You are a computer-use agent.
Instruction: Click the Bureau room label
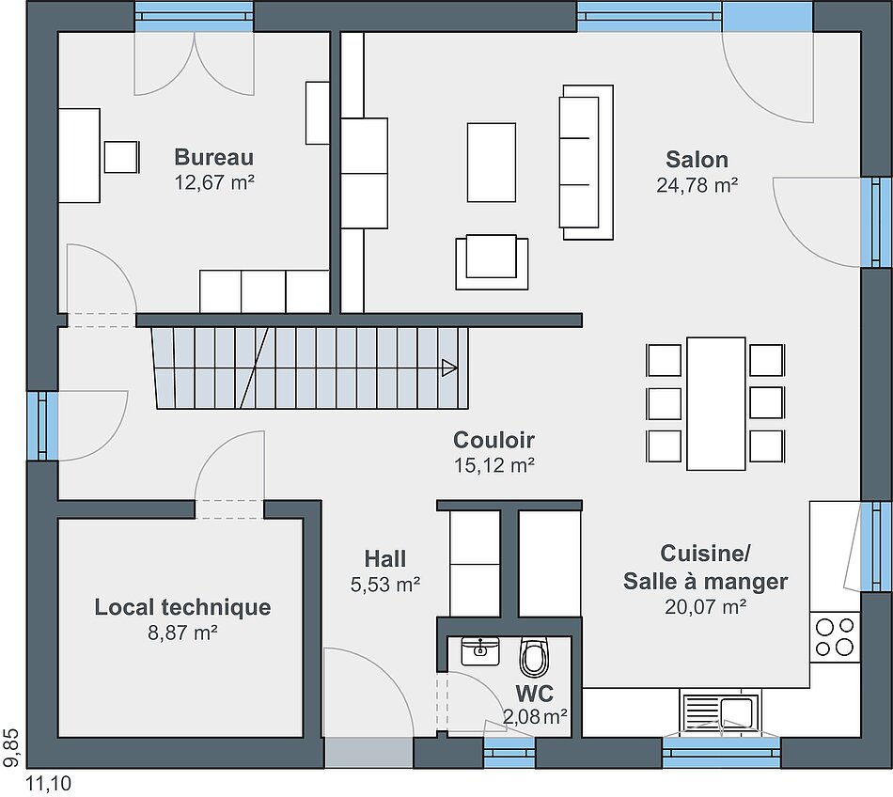tap(213, 157)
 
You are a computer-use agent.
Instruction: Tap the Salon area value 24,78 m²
tap(697, 185)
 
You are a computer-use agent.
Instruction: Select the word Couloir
tap(493, 440)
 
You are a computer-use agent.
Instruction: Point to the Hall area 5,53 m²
tap(385, 584)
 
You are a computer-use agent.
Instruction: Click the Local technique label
tap(182, 607)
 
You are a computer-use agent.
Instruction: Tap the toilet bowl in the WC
tap(534, 657)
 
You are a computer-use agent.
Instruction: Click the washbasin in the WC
tap(480, 651)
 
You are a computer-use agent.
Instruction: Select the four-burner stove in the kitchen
tap(835, 637)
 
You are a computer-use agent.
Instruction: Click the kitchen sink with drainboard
tap(720, 712)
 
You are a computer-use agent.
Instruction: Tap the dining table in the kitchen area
tap(716, 403)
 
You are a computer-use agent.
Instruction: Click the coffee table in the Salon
tap(492, 163)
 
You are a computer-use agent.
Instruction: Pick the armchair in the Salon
tap(492, 261)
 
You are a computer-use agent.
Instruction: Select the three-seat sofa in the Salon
tap(587, 163)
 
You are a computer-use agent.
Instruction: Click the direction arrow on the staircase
tap(449, 367)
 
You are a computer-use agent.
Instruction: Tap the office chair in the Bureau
tap(121, 157)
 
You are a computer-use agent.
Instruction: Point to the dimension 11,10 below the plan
tap(49, 785)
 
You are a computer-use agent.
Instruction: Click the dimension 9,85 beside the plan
tap(11, 746)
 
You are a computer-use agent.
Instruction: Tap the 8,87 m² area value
tap(182, 633)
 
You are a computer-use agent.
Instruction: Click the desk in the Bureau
tap(80, 155)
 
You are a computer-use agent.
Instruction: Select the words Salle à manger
tap(705, 581)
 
